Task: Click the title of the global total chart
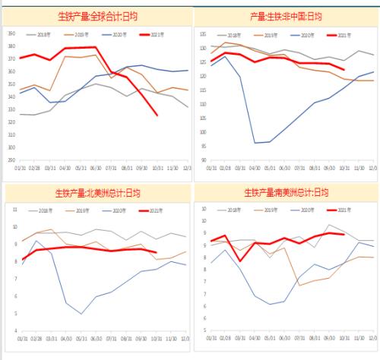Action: point(98,15)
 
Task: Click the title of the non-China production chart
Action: point(286,15)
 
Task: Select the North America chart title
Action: point(98,192)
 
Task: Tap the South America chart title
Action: point(286,192)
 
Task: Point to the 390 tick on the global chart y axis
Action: point(11,34)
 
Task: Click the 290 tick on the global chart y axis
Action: point(11,159)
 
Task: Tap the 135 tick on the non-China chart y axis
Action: point(201,35)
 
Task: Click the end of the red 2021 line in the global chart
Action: point(157,115)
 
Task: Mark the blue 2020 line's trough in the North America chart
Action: point(81,314)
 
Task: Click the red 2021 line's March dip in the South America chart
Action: point(241,261)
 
